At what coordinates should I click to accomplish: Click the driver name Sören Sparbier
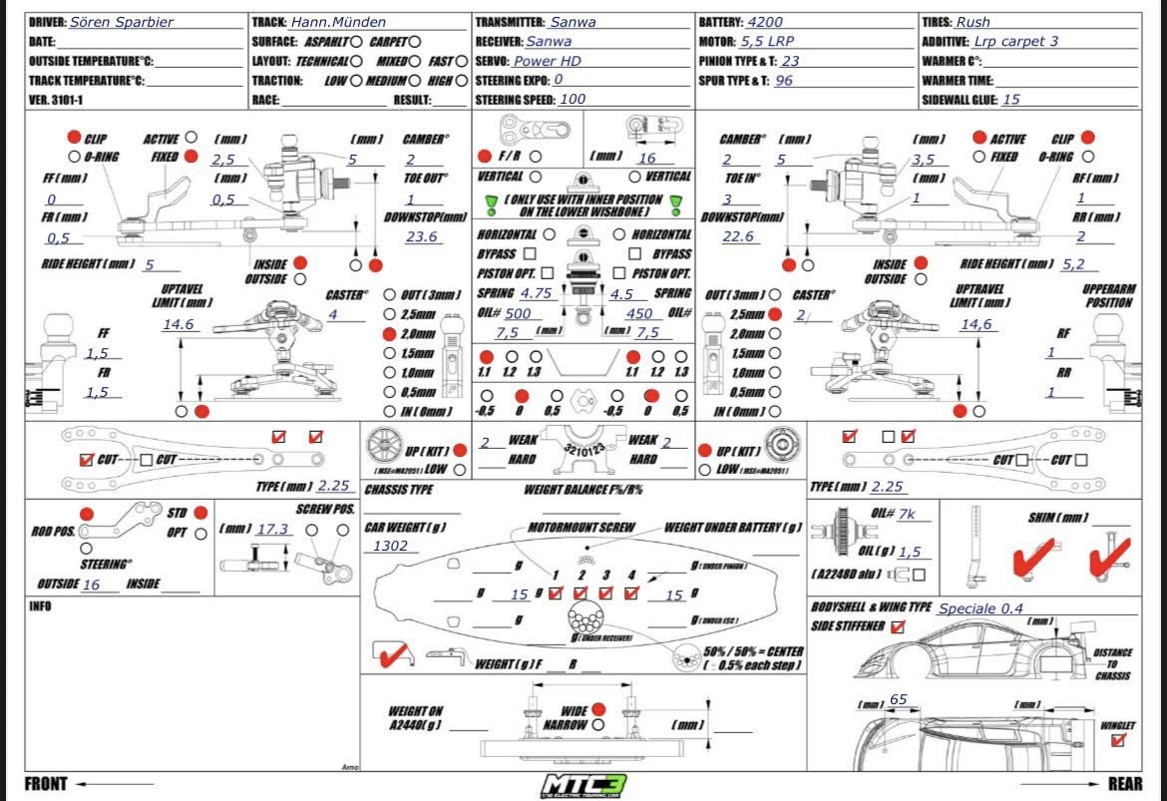(x=122, y=22)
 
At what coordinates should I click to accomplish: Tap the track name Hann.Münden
(x=338, y=22)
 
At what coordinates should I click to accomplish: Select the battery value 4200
(x=765, y=22)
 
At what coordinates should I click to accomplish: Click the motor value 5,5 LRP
(x=767, y=42)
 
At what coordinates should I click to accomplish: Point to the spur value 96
(x=784, y=81)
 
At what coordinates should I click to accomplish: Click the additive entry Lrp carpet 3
(x=1016, y=42)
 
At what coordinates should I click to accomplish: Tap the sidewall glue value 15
(x=1011, y=100)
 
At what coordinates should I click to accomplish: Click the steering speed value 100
(x=574, y=99)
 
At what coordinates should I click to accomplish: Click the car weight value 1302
(x=390, y=546)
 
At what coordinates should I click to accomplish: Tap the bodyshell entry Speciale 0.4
(x=980, y=608)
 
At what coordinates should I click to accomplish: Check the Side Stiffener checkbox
(x=899, y=626)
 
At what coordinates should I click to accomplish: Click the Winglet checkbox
(x=1117, y=740)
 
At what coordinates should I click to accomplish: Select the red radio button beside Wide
(x=598, y=708)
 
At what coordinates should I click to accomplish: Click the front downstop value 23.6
(x=423, y=236)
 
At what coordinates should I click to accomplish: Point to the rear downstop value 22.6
(x=738, y=236)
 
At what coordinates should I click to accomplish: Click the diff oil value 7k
(x=906, y=514)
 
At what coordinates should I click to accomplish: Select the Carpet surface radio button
(x=414, y=42)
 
